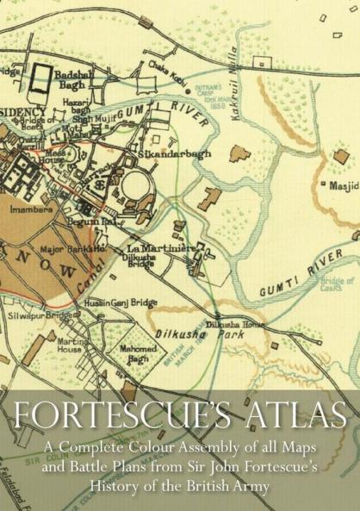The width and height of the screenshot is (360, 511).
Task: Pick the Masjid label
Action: point(342,184)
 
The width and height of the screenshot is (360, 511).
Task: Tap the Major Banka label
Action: point(61,251)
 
